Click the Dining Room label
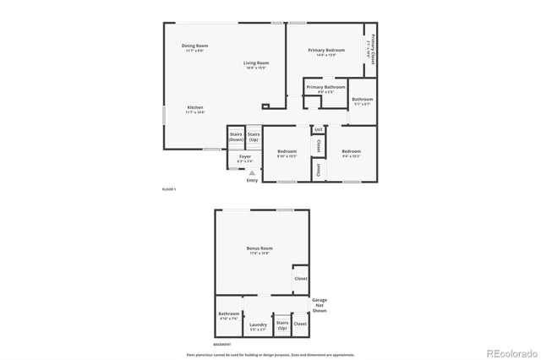tap(194, 46)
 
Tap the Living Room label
tap(256, 63)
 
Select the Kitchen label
tap(195, 107)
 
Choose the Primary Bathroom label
tap(325, 87)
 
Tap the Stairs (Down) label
tap(236, 136)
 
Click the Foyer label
tap(245, 156)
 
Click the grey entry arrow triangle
tap(251, 172)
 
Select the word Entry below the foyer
tap(252, 180)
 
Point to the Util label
tap(319, 129)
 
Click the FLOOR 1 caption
tap(169, 189)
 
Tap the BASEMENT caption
tap(221, 345)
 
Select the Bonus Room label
tap(260, 248)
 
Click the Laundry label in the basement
tap(258, 324)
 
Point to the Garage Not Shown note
tap(320, 305)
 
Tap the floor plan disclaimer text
tap(270, 354)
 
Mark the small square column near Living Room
tap(265, 106)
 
